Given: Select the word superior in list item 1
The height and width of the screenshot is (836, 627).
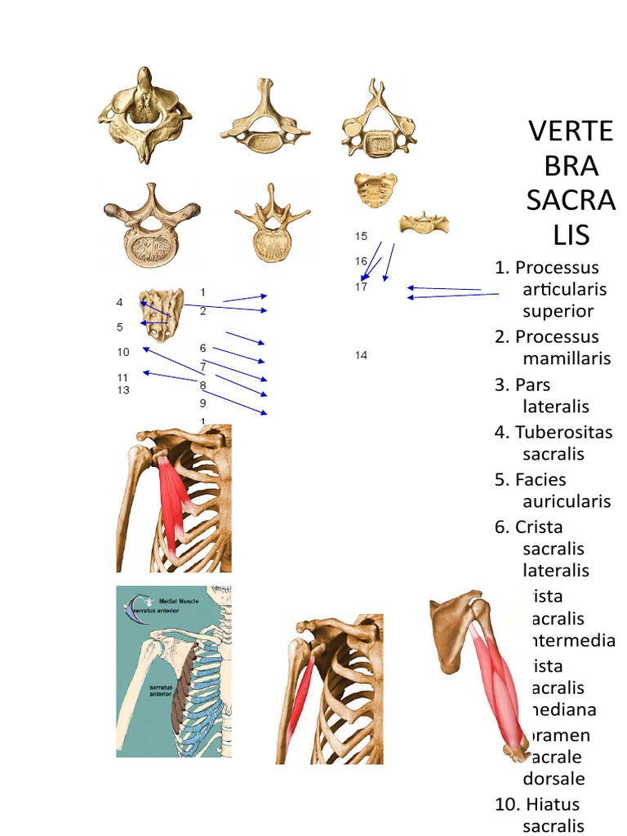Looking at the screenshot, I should [558, 310].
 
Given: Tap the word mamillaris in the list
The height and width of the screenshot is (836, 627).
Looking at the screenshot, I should [566, 358].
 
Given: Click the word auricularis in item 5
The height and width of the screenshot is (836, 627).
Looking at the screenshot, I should [566, 501].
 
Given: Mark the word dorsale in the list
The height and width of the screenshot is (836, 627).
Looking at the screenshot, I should [554, 778].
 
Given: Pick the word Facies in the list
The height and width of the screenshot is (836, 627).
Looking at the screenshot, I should [540, 479].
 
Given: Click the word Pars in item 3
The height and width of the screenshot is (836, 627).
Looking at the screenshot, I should [533, 385].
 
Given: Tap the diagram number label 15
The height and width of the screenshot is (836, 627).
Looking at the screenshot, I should [361, 237].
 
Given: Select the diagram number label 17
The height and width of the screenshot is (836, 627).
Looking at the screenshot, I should [361, 287].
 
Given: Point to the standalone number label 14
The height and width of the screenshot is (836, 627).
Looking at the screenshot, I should [361, 355].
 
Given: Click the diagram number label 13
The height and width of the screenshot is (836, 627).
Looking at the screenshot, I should [123, 390].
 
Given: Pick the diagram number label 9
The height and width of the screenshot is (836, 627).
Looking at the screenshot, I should [202, 403].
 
